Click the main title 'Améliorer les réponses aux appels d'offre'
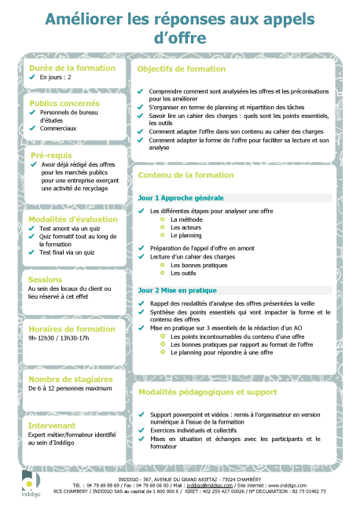pos(179,28)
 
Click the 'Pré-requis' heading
pos(51,156)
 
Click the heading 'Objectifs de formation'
pos(181,69)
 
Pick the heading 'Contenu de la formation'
pos(186,175)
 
